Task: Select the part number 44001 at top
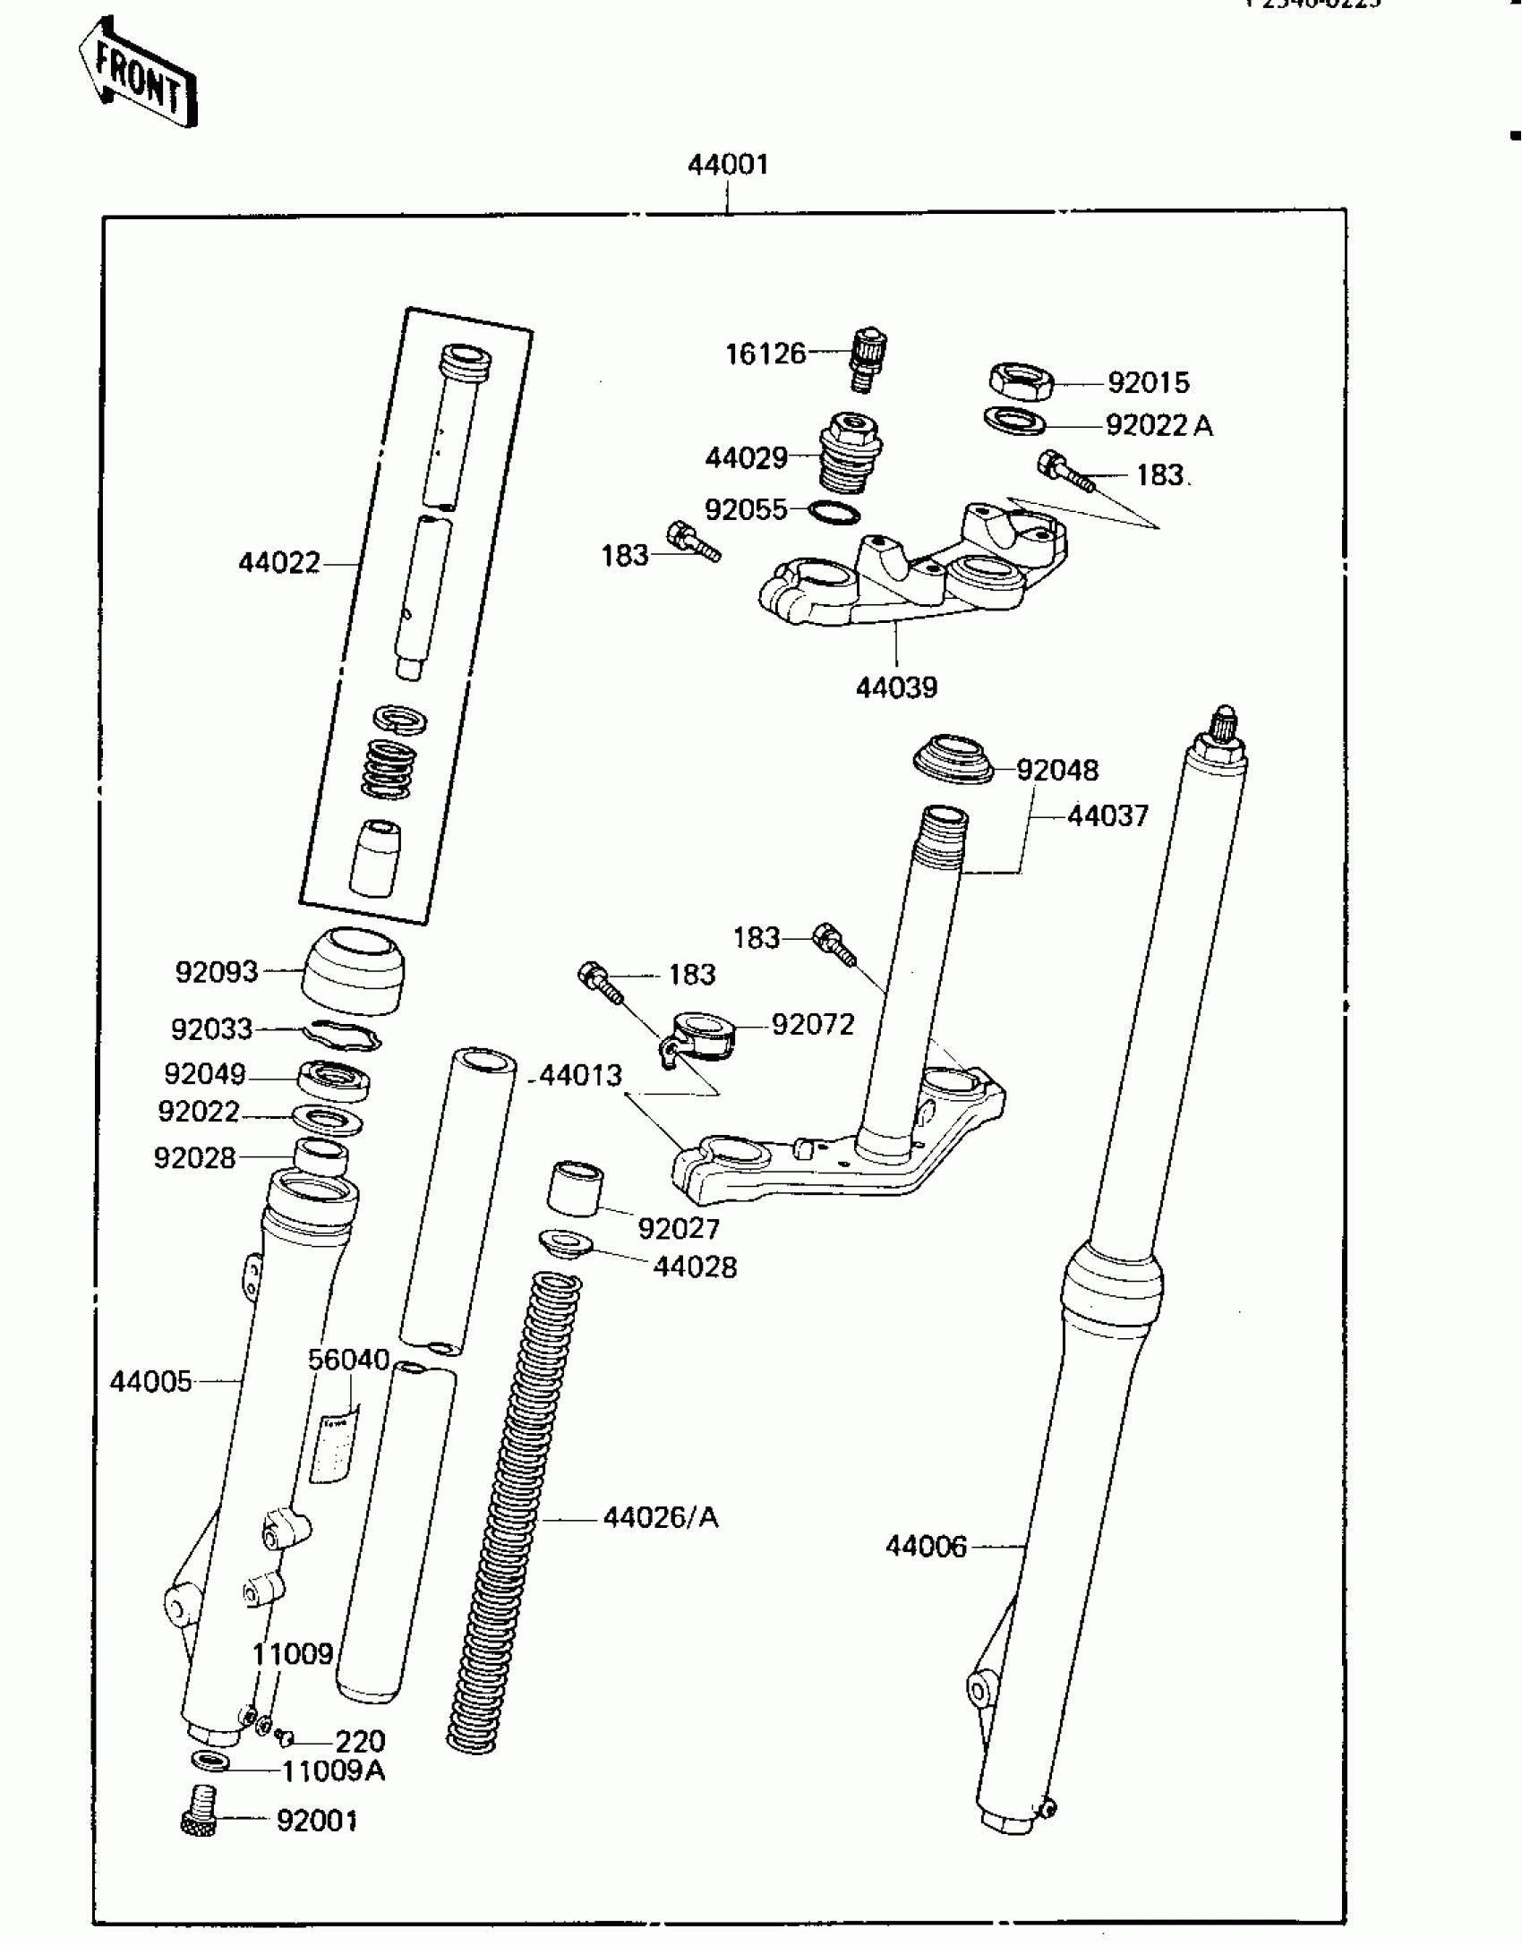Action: coord(728,165)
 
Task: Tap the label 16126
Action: coord(765,354)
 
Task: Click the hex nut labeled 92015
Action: coord(1020,382)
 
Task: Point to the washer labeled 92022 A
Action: coord(1014,420)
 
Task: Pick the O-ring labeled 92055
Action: coord(834,513)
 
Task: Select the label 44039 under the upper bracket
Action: coord(896,687)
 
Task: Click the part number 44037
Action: coord(1107,815)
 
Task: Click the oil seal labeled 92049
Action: coord(333,1079)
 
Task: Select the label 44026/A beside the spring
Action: coord(661,1517)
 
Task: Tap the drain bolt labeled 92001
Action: coord(201,1822)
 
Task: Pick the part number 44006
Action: coord(926,1546)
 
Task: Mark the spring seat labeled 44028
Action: coord(564,1243)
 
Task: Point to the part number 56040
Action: coord(348,1360)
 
